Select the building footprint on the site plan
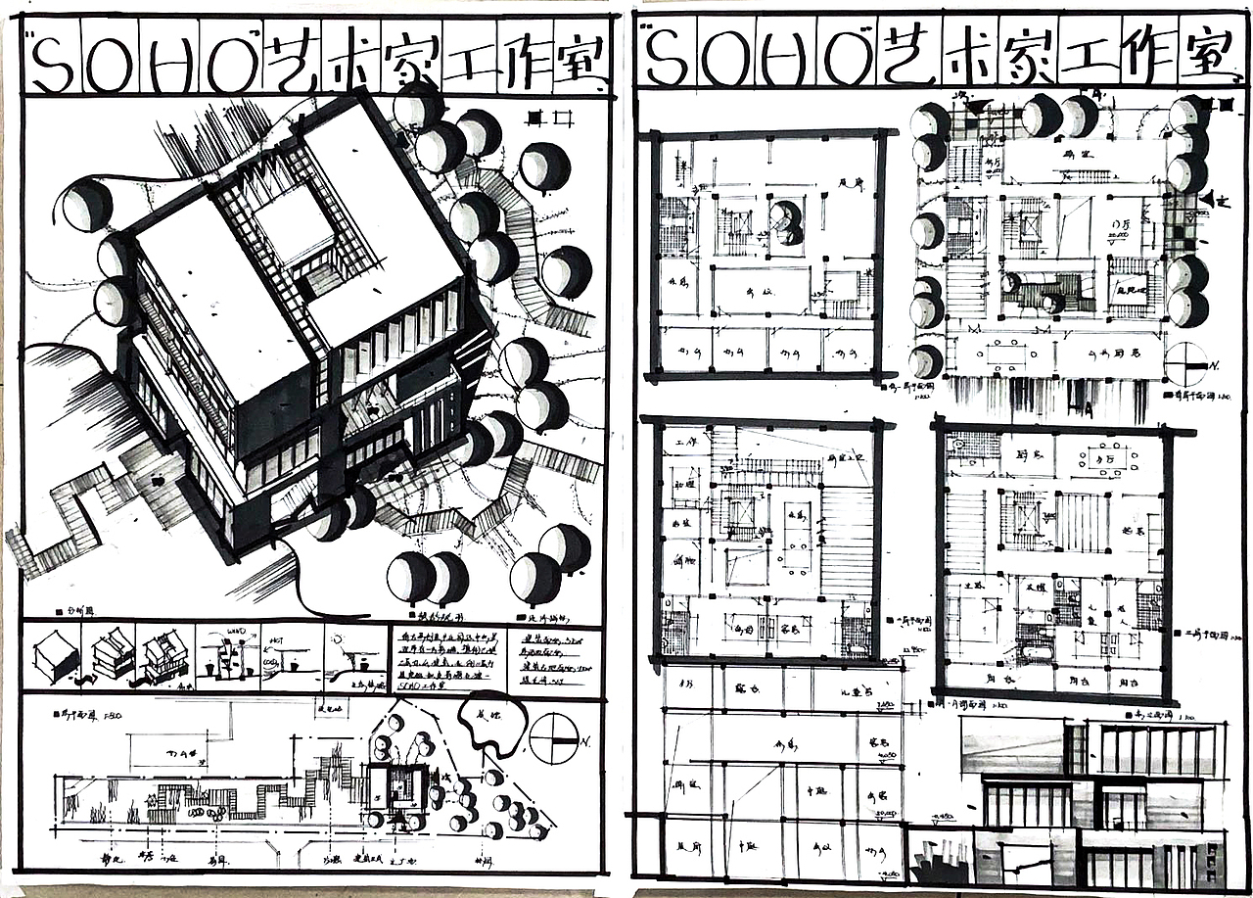coord(397,787)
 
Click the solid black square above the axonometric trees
coord(534,118)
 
